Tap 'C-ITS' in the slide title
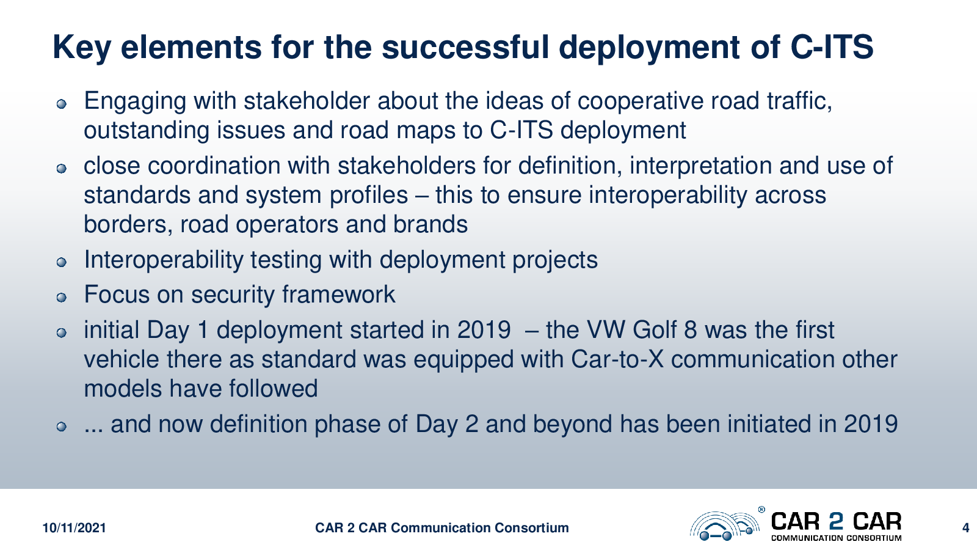832,46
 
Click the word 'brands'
430,224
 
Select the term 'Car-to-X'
617,360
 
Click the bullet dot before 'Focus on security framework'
62,298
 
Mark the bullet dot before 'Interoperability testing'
62,262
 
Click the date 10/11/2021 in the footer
74,528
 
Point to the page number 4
965,528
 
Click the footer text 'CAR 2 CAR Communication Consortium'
442,528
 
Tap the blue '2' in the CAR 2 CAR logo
836,522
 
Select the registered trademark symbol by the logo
761,510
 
